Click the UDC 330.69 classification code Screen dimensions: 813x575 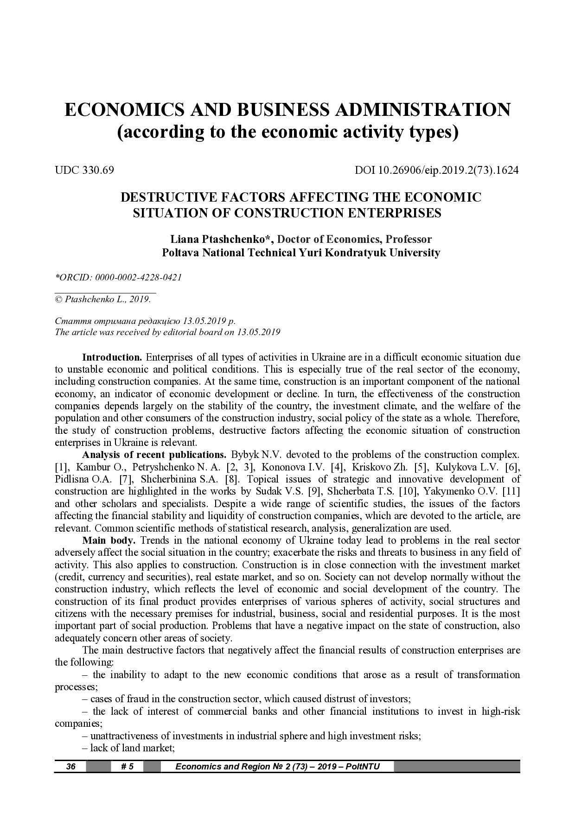[84, 170]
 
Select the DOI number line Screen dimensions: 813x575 [436, 170]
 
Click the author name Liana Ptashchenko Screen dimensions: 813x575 [220, 240]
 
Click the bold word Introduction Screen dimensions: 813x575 [112, 357]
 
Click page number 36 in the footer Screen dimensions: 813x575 [70, 766]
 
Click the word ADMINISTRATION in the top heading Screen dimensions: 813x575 [422, 110]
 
